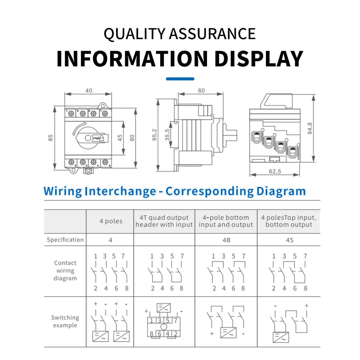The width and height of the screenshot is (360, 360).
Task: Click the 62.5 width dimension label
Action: click(x=274, y=171)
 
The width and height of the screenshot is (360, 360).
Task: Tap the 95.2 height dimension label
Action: click(x=154, y=135)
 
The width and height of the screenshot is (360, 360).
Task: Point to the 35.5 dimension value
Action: click(x=167, y=135)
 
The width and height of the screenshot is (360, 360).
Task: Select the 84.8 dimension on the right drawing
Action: click(x=310, y=128)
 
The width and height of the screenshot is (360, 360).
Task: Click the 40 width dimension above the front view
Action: click(x=89, y=91)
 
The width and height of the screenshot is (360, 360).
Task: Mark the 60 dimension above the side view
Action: click(x=201, y=91)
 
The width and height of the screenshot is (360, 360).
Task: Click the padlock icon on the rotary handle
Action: click(x=102, y=138)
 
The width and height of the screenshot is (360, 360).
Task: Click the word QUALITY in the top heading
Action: click(x=134, y=34)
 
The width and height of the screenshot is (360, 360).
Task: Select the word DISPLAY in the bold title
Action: click(x=259, y=58)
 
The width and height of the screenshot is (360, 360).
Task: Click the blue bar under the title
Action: click(x=180, y=79)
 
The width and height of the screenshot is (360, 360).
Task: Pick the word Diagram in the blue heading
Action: click(x=281, y=191)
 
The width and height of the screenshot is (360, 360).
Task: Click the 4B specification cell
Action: click(x=226, y=240)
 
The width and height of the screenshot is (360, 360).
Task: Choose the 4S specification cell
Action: click(x=289, y=240)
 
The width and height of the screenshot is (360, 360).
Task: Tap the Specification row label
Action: click(x=65, y=240)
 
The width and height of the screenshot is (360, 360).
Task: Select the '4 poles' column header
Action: click(x=111, y=221)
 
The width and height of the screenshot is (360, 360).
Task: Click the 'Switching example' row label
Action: click(x=65, y=321)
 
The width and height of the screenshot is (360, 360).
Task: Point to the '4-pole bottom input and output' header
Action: click(x=226, y=221)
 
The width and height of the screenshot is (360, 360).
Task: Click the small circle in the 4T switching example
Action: click(x=164, y=327)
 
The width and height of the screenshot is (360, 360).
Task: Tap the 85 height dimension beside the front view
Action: click(x=50, y=138)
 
